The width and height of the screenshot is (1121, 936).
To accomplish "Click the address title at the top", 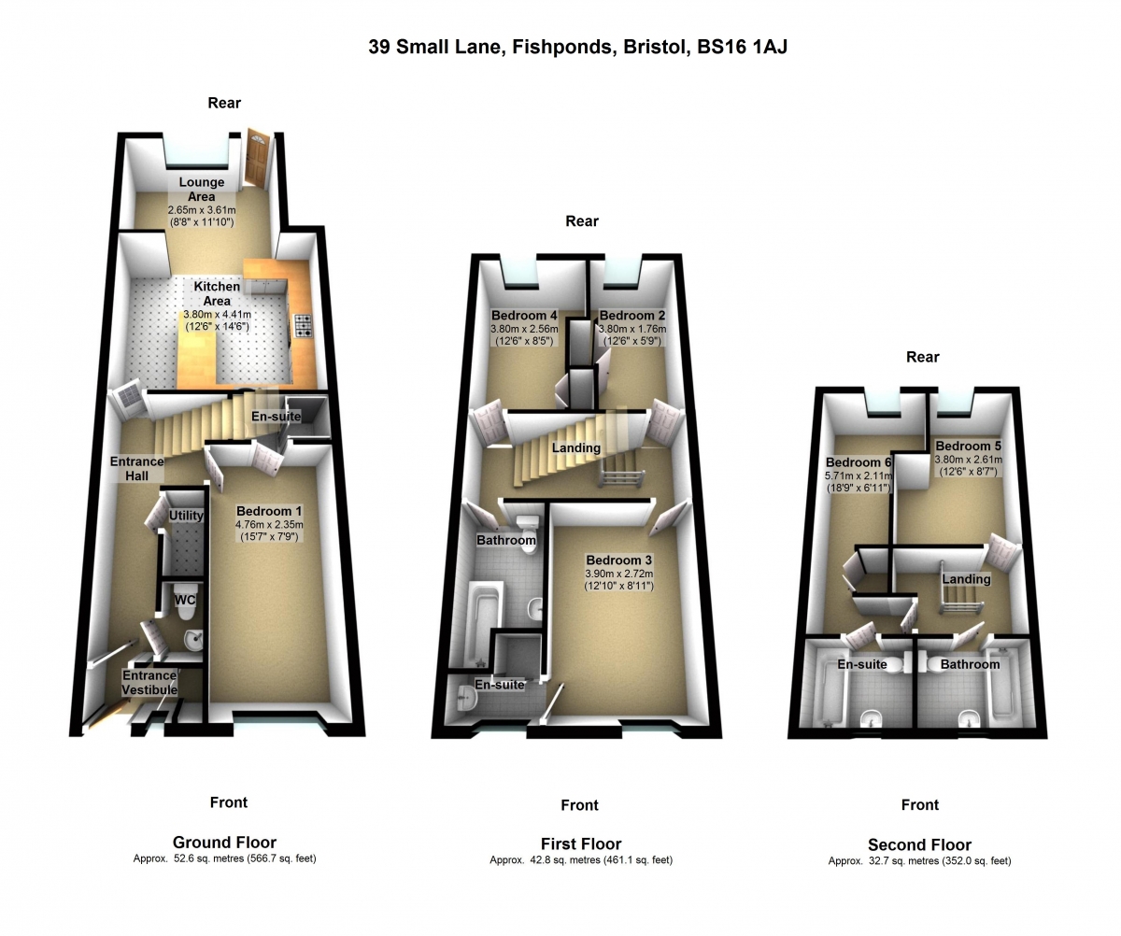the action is click(577, 48).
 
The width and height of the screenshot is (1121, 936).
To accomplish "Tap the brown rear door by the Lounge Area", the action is click(257, 159).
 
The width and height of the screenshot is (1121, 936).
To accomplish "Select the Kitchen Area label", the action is click(217, 293).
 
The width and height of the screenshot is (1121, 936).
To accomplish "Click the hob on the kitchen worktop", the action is click(304, 326).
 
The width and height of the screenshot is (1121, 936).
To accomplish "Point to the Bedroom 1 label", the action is click(269, 511).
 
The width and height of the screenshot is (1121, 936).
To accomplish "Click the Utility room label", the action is click(186, 516).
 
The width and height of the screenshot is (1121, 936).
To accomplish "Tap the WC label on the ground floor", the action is click(185, 600).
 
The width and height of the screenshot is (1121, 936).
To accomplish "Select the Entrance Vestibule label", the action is click(149, 683).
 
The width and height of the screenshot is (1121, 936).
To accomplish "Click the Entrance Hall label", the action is click(137, 468).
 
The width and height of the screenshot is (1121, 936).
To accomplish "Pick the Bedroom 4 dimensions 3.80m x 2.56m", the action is click(524, 329).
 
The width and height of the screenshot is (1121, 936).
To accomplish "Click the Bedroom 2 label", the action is click(631, 316).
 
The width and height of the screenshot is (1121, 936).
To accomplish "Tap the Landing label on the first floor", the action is click(576, 447).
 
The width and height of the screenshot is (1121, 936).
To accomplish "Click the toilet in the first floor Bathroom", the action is click(524, 526).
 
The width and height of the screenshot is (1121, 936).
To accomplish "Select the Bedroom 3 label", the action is click(619, 560).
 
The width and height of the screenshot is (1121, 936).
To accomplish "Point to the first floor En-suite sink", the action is click(465, 699).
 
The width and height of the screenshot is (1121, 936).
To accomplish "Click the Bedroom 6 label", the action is click(858, 462).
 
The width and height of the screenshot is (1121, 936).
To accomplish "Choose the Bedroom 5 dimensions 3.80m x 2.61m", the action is click(968, 460).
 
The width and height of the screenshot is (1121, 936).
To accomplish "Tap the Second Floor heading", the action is click(919, 845).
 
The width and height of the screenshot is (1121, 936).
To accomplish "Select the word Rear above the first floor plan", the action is click(582, 221).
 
